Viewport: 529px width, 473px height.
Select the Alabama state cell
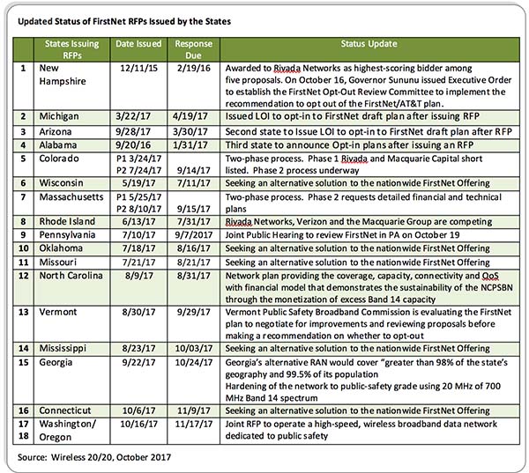pos(63,144)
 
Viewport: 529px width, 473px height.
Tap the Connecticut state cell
pos(72,410)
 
